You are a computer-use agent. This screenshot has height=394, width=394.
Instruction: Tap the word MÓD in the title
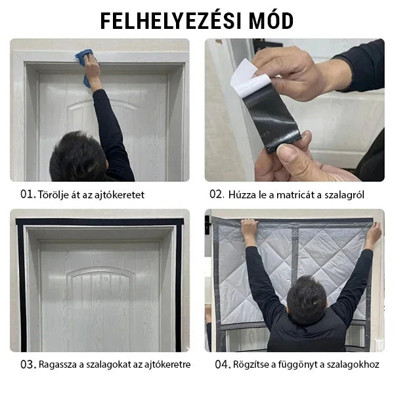(x=272, y=20)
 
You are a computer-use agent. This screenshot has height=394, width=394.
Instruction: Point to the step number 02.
(x=217, y=194)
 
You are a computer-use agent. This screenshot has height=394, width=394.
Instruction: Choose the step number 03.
(x=28, y=364)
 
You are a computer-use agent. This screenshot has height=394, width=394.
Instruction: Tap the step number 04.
(x=223, y=364)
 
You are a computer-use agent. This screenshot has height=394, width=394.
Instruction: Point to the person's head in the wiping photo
(x=78, y=156)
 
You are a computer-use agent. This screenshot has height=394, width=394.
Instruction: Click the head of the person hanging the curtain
(x=307, y=300)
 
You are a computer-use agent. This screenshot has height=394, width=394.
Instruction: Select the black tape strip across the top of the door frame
(x=100, y=222)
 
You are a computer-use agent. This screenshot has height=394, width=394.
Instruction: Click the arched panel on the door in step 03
(x=100, y=286)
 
